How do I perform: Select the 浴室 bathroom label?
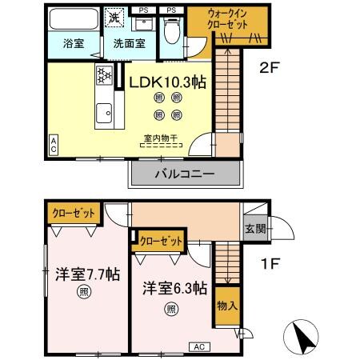(74, 44)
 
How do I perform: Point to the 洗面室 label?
(128, 44)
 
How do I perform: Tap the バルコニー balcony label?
(184, 174)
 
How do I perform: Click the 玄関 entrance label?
(253, 227)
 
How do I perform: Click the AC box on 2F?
(53, 145)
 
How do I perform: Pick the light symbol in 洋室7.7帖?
(82, 292)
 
